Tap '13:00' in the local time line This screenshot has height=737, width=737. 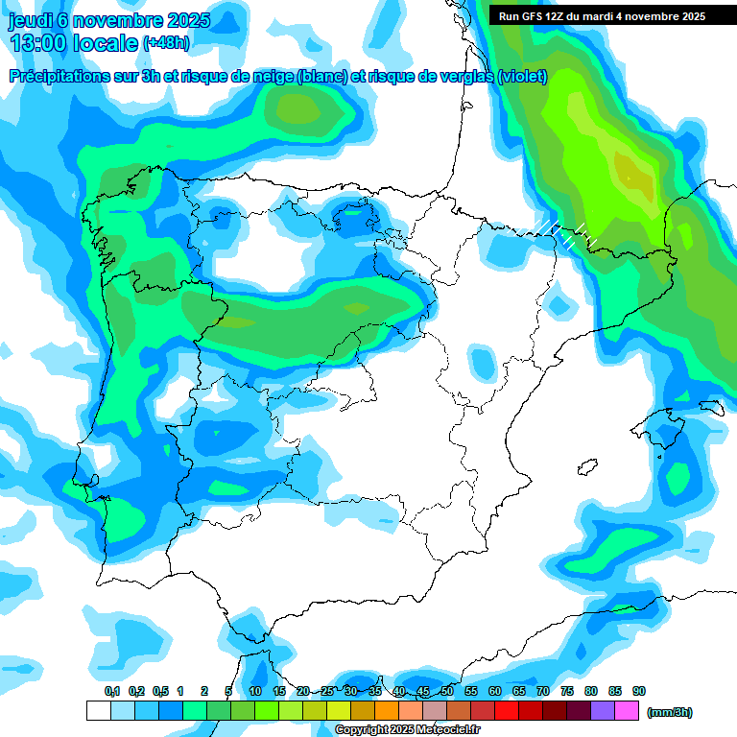42,43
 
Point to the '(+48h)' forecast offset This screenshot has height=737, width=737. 165,43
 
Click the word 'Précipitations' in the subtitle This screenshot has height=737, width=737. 59,77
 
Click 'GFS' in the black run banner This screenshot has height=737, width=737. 530,16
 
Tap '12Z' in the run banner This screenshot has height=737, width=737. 555,16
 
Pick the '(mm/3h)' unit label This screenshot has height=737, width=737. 669,712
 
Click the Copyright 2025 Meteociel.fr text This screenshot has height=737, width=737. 407,730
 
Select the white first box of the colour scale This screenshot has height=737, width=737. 98,711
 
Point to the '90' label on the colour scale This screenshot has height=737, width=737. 639,691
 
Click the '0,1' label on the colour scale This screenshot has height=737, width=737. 111,691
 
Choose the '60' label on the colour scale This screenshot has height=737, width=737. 495,691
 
